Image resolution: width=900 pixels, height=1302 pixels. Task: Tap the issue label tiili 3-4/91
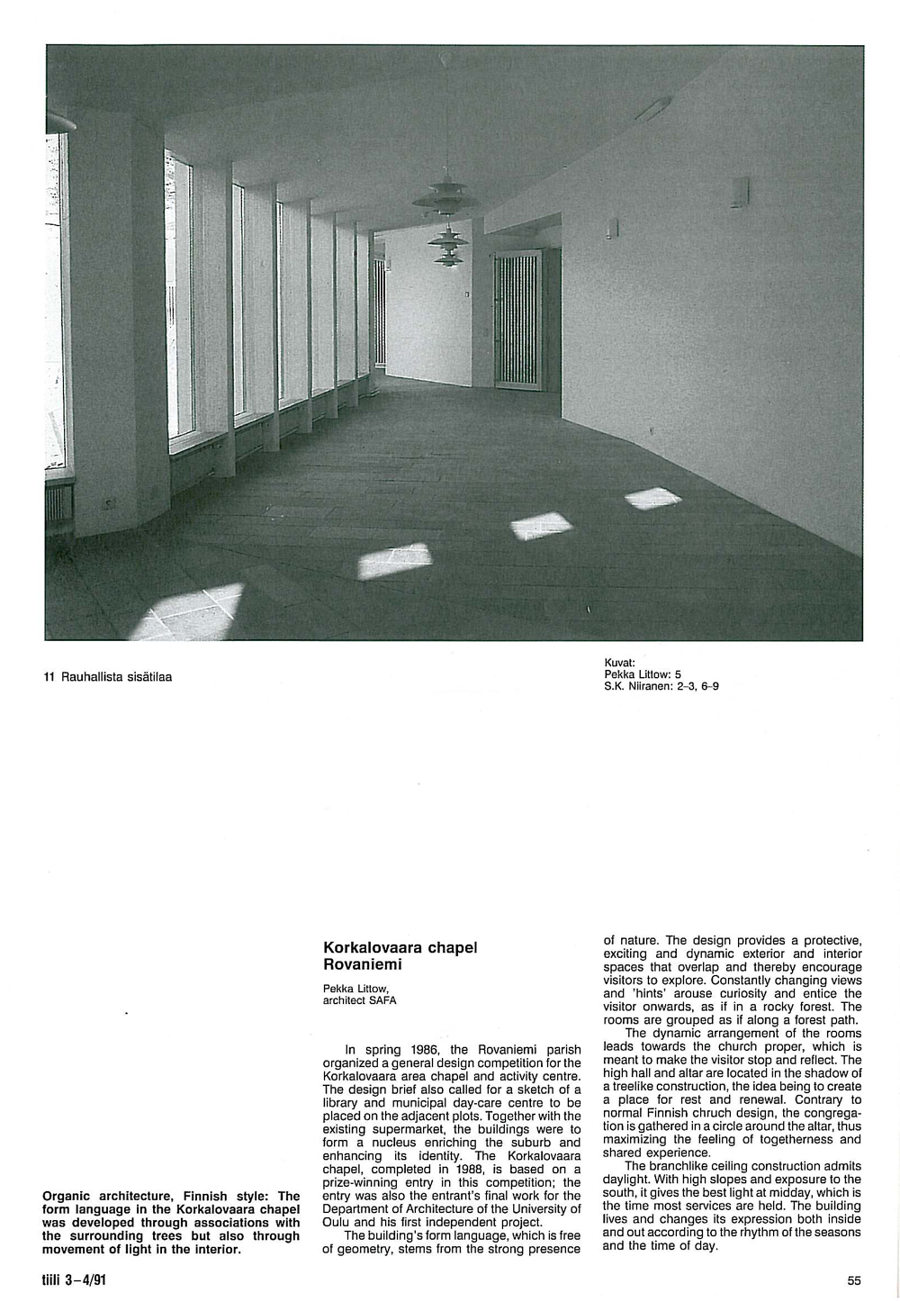(x=74, y=1279)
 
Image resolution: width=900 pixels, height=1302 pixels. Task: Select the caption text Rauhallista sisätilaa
(x=116, y=677)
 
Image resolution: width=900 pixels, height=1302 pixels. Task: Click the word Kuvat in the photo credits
(x=620, y=663)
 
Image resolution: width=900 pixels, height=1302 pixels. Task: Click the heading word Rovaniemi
(x=362, y=964)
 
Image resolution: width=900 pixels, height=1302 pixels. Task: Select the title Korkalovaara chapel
(x=400, y=948)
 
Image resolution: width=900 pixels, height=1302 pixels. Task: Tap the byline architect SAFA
(x=359, y=999)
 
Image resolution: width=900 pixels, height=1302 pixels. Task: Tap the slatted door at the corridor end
(x=517, y=320)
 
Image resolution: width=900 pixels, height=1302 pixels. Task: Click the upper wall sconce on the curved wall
(x=739, y=192)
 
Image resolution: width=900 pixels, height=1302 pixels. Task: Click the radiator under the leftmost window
(x=57, y=505)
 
